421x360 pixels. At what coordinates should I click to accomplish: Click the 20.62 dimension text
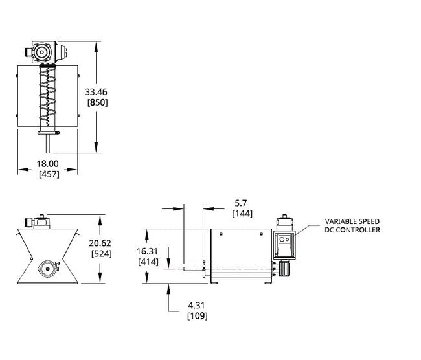[101, 243]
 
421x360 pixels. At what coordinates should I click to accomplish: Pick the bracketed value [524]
[101, 254]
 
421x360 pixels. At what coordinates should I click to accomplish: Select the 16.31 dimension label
[150, 250]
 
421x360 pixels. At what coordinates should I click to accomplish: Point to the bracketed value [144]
[242, 213]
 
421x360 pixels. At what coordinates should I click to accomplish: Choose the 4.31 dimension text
[197, 305]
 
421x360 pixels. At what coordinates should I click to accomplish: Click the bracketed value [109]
[197, 316]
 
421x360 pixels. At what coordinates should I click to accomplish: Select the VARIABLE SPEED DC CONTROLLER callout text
[352, 226]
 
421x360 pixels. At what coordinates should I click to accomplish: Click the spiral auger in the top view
[47, 97]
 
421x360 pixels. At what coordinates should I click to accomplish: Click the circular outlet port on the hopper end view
[47, 267]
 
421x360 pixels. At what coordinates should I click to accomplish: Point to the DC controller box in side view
[284, 242]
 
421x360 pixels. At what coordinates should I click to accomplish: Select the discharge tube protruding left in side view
[192, 267]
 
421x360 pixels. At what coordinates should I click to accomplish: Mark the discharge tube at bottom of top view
[47, 143]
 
